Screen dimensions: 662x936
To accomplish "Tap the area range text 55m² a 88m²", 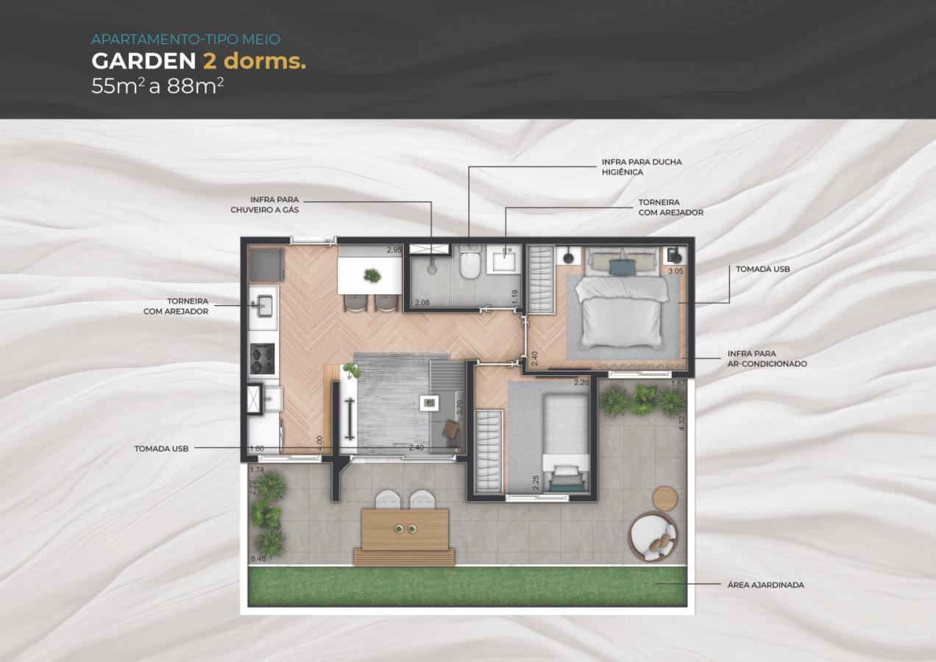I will tap(157, 85).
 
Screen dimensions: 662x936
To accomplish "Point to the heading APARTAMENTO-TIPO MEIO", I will tap(185, 39).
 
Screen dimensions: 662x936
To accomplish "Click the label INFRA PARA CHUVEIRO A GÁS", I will tap(264, 204).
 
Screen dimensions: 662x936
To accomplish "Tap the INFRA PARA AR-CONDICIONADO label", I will tap(767, 358).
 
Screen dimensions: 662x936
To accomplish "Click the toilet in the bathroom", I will tap(470, 264).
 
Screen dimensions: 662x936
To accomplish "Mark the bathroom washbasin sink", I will tap(504, 260).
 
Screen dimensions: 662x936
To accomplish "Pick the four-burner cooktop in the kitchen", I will tap(262, 358).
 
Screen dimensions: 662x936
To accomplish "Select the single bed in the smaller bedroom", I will tap(565, 441).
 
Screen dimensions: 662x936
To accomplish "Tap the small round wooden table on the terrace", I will tap(664, 498).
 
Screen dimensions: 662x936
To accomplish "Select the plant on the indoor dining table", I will tap(372, 276).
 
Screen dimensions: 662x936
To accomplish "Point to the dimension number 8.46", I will tap(258, 559).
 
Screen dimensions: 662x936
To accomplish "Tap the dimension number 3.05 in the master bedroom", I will tap(675, 271).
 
